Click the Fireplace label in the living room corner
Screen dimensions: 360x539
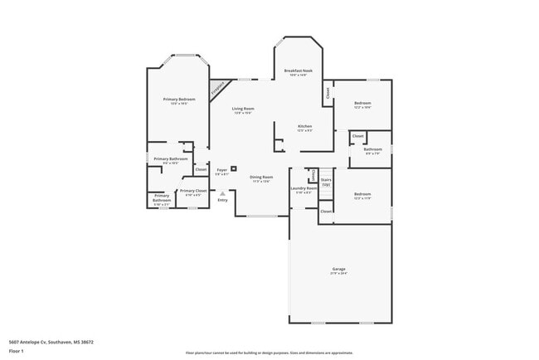point(218,87)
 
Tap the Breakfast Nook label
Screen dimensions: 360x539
point(298,71)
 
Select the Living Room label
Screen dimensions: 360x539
point(243,109)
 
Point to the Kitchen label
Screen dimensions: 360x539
point(305,126)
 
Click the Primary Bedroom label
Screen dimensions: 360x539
point(179,100)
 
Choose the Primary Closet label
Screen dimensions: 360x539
point(193,191)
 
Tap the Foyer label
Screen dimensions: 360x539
point(222,170)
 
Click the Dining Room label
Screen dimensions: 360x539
point(262,177)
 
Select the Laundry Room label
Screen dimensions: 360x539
point(303,188)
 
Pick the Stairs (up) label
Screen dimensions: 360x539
point(326,182)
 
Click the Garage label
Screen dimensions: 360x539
point(339,269)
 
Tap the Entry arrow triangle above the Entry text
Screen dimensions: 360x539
point(222,193)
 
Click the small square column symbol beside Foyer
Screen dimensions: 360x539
point(234,168)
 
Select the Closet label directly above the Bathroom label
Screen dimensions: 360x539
point(357,136)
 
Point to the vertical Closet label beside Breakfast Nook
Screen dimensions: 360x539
point(328,93)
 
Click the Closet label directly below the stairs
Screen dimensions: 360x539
point(326,212)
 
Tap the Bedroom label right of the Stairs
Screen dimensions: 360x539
point(362,194)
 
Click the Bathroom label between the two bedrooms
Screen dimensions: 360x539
point(372,149)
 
